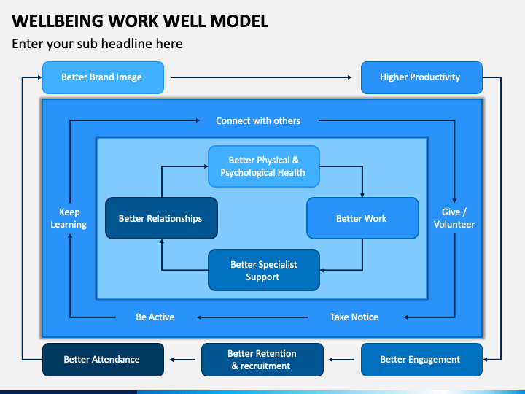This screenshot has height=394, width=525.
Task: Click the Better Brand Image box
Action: [103, 77]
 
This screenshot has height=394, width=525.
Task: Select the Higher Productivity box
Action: [421, 77]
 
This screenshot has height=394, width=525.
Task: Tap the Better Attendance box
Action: [103, 360]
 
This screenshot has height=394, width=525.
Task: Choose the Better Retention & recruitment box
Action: [262, 360]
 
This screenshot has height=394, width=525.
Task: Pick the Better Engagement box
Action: [421, 360]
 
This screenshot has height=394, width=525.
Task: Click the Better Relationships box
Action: [161, 218]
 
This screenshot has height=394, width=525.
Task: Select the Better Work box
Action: [362, 218]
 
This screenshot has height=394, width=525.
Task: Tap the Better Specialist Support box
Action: [264, 270]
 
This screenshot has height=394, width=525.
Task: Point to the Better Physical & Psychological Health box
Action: [264, 166]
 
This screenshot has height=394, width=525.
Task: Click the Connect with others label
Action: [258, 120]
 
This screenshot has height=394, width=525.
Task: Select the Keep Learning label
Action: [69, 218]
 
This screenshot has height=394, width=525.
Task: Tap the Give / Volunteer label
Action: [454, 218]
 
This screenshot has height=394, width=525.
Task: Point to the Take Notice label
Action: [354, 317]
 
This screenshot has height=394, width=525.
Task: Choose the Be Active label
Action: [155, 317]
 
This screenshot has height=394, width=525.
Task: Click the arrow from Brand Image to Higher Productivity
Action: [262, 77]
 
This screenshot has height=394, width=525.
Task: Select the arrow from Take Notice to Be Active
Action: [252, 317]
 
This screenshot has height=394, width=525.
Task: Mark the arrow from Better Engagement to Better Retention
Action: [341, 360]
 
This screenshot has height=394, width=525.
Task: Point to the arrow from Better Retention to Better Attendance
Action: [182, 360]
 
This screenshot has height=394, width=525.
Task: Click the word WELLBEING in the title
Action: [58, 21]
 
